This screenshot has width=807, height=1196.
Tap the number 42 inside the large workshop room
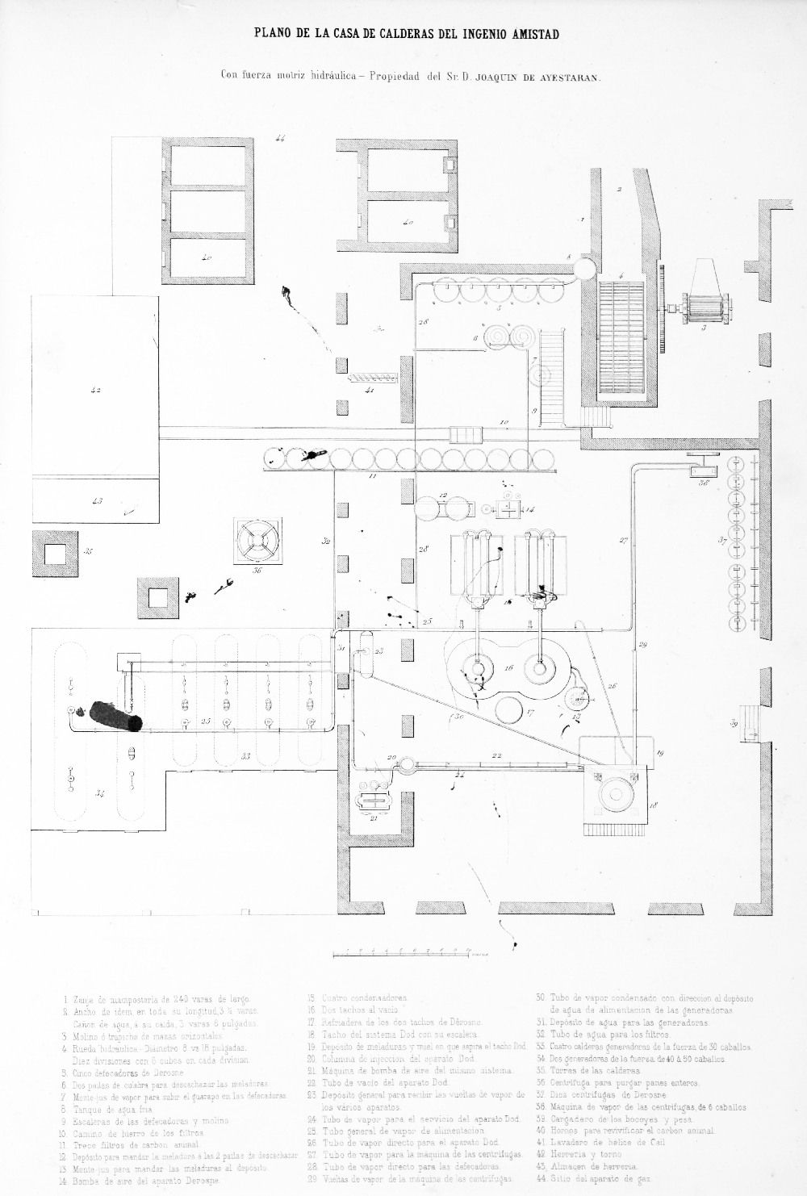click(95, 390)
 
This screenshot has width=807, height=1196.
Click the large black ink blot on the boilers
click(115, 716)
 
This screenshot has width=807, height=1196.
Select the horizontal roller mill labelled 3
click(707, 307)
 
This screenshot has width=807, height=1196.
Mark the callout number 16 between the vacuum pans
click(508, 668)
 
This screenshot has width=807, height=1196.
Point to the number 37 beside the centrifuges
click(724, 541)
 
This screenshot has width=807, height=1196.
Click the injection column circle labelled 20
click(406, 763)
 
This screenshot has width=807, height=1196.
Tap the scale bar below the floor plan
click(403, 953)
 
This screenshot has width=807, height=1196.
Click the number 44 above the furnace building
click(280, 139)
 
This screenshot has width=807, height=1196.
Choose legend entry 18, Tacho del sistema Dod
click(391, 1034)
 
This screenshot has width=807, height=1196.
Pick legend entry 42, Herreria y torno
click(578, 1154)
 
